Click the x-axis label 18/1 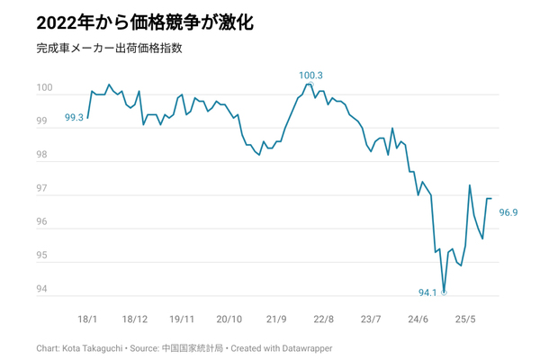88,319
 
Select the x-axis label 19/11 183,319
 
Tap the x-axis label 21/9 276,319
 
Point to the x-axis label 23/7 371,319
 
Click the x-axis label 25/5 465,319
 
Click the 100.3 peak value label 310,76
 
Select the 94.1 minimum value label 427,292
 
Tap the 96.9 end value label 508,212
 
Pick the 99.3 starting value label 75,118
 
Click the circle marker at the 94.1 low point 445,292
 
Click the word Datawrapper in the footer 319,346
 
